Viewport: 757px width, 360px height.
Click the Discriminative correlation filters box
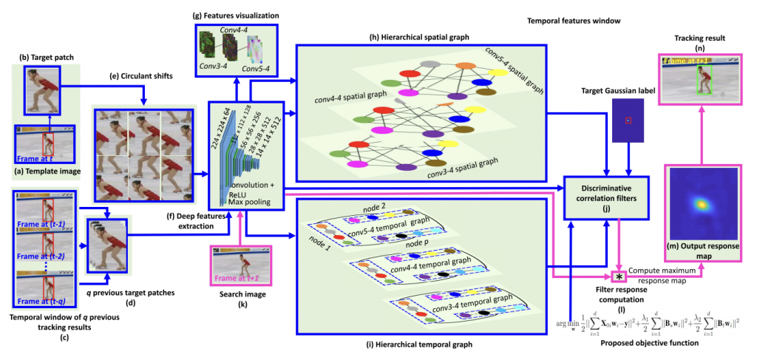[606, 196]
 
